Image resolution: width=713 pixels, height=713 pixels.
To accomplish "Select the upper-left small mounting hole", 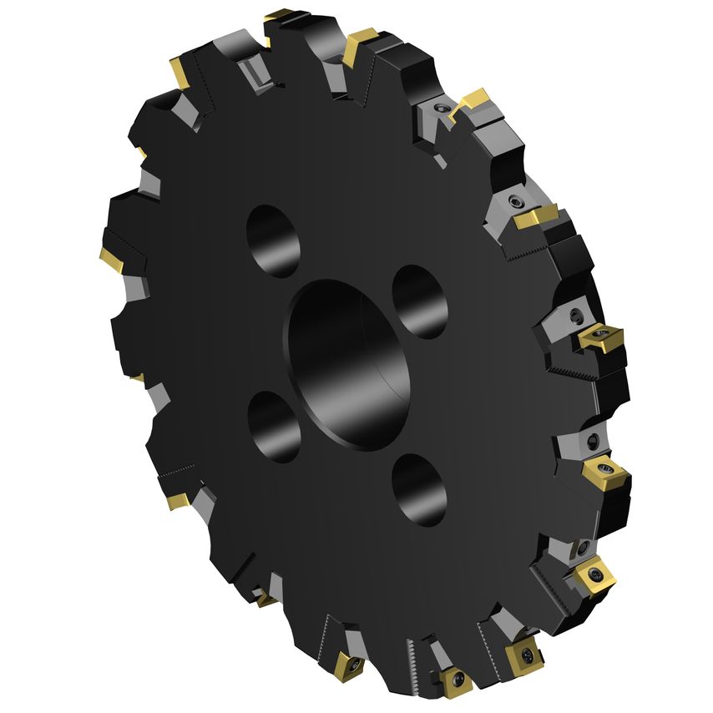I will click(x=273, y=241).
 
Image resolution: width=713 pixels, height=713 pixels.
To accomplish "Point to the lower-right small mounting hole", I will click(x=419, y=490).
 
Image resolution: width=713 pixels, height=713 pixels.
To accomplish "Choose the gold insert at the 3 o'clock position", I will click(x=599, y=337).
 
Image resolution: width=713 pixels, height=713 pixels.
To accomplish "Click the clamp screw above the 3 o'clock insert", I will click(x=575, y=316).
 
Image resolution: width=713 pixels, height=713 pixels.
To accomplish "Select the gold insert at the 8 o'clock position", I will click(x=179, y=501).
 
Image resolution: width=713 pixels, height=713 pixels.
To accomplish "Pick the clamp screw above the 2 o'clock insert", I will click(x=514, y=201).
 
